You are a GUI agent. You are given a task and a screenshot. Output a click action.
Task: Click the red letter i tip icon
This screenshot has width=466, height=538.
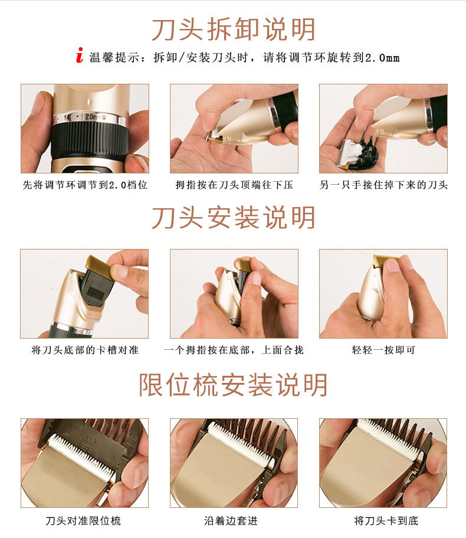(79, 55)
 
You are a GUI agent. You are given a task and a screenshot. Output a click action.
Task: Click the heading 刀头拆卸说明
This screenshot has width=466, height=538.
(234, 29)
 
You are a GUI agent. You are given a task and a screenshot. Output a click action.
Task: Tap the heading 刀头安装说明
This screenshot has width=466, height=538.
(234, 218)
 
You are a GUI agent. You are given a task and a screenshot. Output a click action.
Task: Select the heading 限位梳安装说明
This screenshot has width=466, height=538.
(233, 385)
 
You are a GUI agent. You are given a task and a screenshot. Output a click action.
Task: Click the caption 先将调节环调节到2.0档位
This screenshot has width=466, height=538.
(85, 185)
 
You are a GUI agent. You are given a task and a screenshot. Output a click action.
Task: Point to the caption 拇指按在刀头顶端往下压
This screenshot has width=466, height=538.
(234, 185)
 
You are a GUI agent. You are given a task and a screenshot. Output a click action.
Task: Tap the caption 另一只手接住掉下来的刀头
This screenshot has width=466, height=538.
(383, 185)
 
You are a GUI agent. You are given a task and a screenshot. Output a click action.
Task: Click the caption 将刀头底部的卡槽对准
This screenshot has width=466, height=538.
(85, 350)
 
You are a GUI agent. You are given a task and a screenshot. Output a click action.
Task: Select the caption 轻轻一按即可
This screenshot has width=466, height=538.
(383, 350)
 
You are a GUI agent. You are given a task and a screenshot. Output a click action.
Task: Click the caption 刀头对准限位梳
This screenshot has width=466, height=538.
(83, 520)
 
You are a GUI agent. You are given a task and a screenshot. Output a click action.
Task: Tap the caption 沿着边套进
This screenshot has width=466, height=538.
(231, 520)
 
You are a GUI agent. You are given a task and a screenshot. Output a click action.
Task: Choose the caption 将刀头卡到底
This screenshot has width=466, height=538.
(386, 520)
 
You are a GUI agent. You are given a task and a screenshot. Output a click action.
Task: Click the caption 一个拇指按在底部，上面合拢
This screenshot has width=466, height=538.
(234, 350)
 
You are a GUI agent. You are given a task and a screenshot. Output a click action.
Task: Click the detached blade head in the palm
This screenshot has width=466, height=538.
(358, 153)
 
